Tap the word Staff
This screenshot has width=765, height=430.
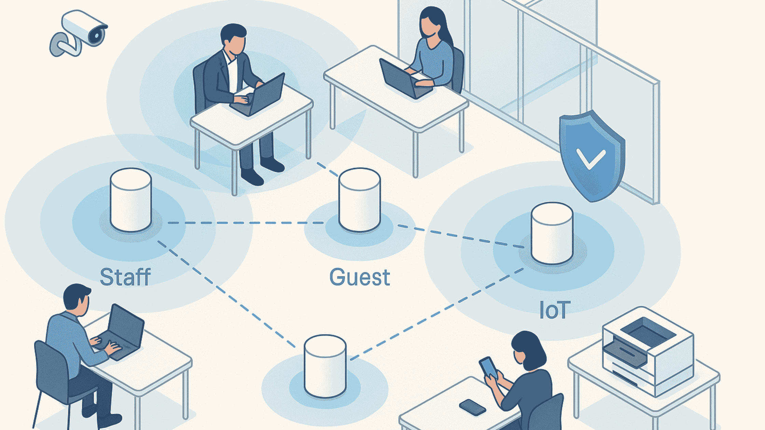coord(125,277)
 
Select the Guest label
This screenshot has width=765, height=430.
coord(359,277)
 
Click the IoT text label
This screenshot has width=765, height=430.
coord(554,310)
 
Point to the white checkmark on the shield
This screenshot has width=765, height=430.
coord(591,159)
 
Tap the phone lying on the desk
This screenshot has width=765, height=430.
coord(472,407)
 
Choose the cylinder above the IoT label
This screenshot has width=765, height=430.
coord(552,233)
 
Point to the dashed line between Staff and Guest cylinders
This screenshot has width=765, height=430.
coord(246,223)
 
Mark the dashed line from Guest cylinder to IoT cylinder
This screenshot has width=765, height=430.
coord(461,236)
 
